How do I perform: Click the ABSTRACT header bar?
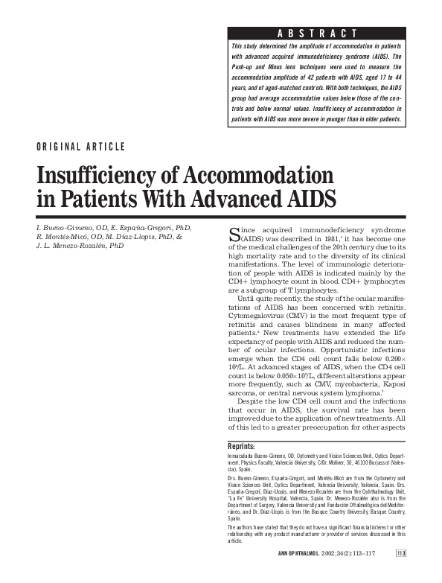pos(317,33)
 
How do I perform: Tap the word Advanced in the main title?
pos(260,200)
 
